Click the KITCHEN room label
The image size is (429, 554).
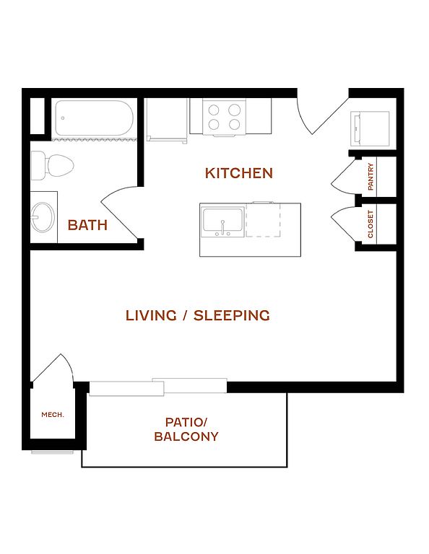(239, 173)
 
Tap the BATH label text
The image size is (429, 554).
(87, 225)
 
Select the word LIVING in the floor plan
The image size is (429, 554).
(151, 315)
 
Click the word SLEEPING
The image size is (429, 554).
(232, 315)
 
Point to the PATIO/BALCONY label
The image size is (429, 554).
(186, 429)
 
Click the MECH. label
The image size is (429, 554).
(53, 415)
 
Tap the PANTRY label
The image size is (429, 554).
(370, 176)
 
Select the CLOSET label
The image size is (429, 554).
(370, 224)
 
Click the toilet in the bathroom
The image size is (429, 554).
(52, 165)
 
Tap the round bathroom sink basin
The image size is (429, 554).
(43, 217)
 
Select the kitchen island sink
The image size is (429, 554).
(222, 222)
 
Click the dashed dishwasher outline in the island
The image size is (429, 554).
(263, 220)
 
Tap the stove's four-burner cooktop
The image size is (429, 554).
(224, 117)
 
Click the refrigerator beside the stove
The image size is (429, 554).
(167, 120)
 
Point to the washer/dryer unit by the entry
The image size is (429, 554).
(370, 128)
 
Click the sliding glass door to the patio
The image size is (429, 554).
(158, 387)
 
